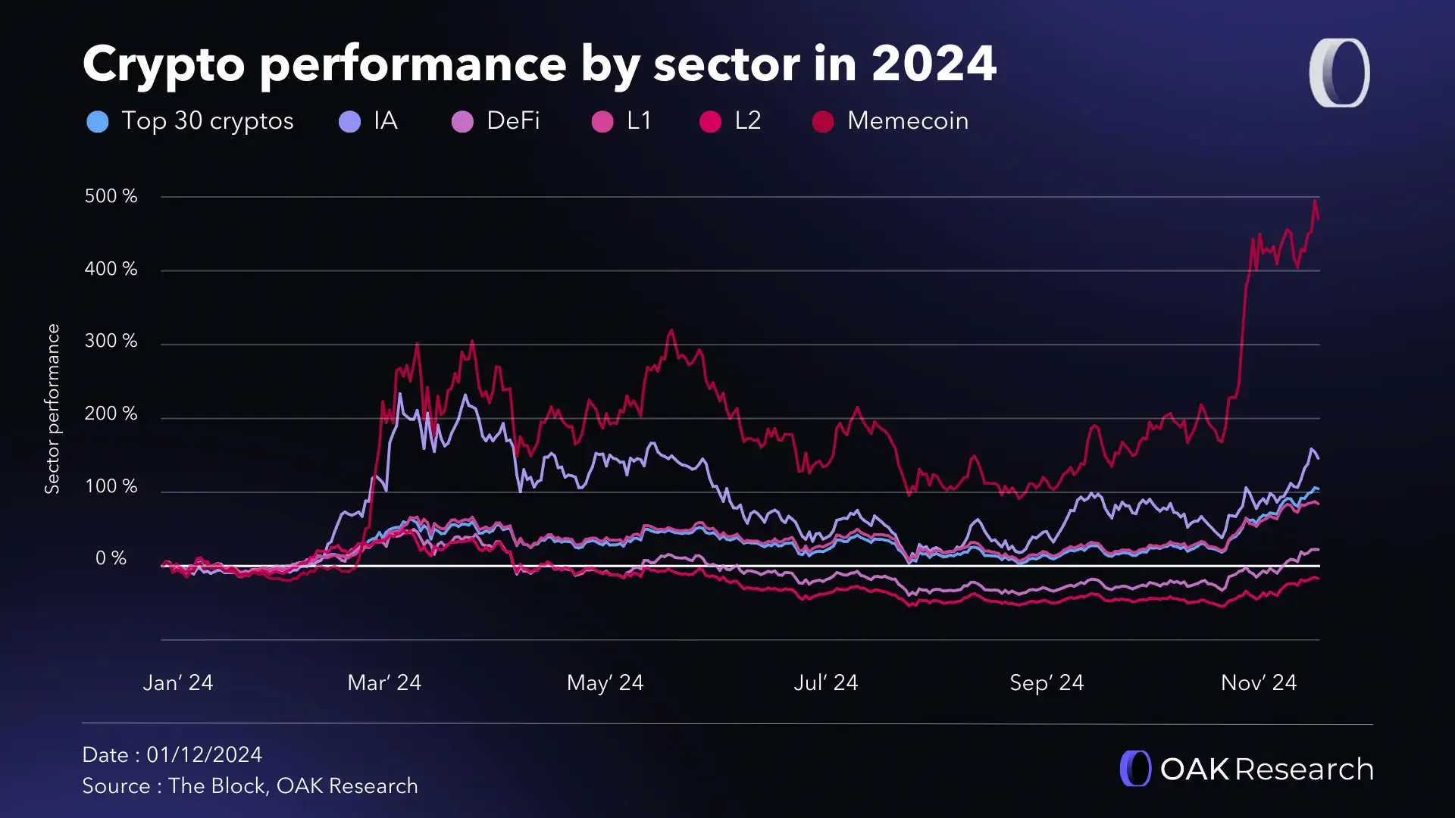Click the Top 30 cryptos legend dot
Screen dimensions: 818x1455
coord(98,121)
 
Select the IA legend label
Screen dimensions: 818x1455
coord(385,121)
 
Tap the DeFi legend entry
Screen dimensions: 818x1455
coord(512,121)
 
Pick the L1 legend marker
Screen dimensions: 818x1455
coord(602,121)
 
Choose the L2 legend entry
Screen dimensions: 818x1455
coord(746,121)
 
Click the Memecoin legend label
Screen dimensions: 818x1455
coord(907,121)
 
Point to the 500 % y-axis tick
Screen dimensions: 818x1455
coord(111,196)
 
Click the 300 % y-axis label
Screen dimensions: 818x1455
coord(111,341)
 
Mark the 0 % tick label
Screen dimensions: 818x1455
coord(111,558)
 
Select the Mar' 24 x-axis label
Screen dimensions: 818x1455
coord(384,683)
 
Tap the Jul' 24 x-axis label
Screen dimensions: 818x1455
coord(825,683)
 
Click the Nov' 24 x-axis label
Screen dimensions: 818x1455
coord(1258,683)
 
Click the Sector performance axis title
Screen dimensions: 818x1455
coord(52,409)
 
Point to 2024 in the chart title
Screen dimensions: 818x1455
coord(933,64)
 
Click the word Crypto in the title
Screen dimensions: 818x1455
coord(164,65)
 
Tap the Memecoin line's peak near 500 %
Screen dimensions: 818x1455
coord(1315,201)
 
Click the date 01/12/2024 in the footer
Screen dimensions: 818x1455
coord(204,755)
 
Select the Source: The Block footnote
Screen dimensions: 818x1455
coord(250,786)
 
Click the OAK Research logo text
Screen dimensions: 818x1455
coord(1266,770)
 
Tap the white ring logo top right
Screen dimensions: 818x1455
coord(1339,73)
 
